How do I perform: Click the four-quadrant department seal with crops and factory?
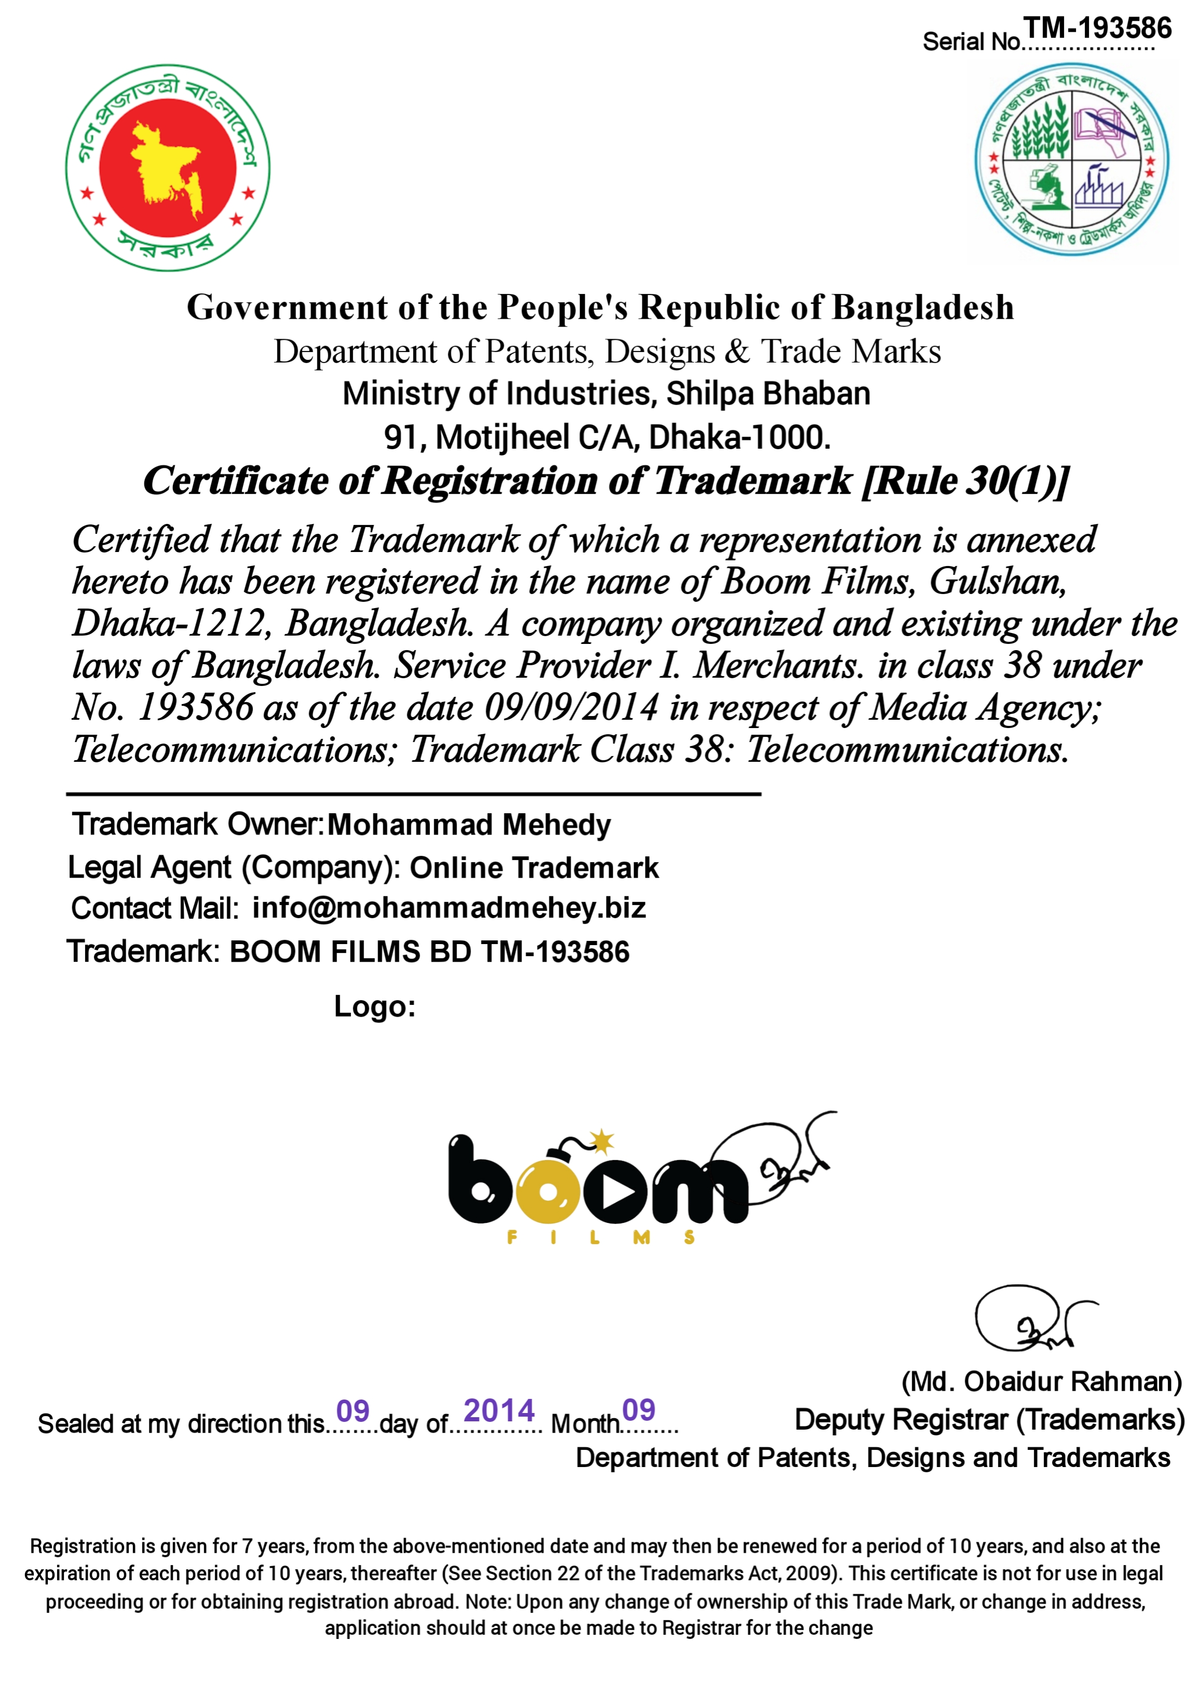[x=1071, y=159]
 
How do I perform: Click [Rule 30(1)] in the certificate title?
[x=966, y=481]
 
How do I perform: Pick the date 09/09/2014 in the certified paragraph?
[x=571, y=707]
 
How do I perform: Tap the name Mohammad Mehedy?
[x=469, y=825]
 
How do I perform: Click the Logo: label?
[x=374, y=1006]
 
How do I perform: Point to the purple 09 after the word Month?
[x=639, y=1410]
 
